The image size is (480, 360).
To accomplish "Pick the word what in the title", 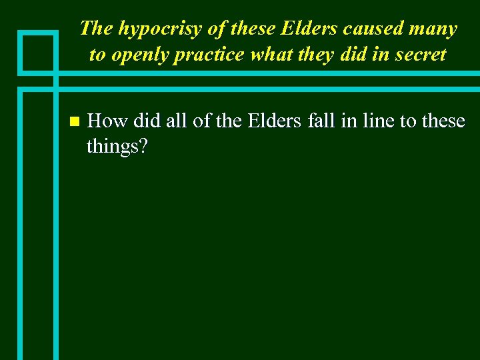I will point(267,55).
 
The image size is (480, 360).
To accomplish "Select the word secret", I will point(417,55).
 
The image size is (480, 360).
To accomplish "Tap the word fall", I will point(321,121).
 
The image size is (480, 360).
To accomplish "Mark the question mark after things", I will point(141,145).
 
